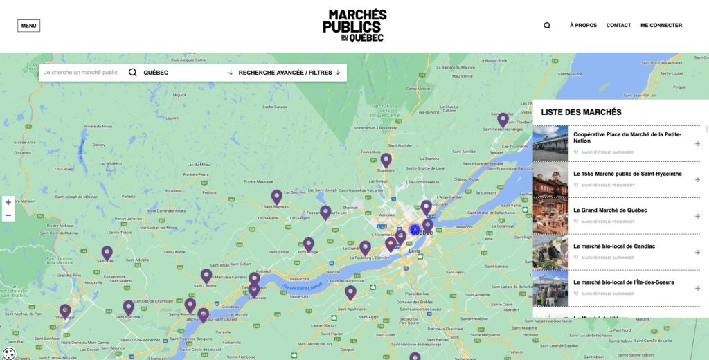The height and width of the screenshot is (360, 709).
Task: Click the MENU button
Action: point(28,26)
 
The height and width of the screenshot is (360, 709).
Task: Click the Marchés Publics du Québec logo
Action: point(354,26)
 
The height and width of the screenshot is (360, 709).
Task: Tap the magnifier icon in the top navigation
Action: point(547,26)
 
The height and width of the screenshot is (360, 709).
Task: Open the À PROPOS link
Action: point(583,26)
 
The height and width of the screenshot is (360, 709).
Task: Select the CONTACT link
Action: point(618,26)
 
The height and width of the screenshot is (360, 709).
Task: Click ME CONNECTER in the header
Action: point(661,26)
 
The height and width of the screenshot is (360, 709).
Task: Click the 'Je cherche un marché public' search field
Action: point(80,73)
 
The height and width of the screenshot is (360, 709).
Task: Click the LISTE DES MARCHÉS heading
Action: point(581,112)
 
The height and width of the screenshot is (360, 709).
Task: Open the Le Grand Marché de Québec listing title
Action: point(610,210)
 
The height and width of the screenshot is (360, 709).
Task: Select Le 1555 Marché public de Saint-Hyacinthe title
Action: point(627,174)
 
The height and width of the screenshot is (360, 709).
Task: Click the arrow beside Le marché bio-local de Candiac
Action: point(697,252)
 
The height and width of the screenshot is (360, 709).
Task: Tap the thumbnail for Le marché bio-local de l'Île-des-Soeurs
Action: point(550,288)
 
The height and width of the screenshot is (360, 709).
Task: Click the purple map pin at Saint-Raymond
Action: point(277,197)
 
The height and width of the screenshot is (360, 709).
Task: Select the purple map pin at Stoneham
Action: point(386,160)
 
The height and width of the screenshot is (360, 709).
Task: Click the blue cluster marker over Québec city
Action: point(415,230)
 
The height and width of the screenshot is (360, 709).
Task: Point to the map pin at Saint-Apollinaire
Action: point(350,292)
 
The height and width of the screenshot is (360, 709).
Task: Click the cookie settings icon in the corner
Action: point(9,354)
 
